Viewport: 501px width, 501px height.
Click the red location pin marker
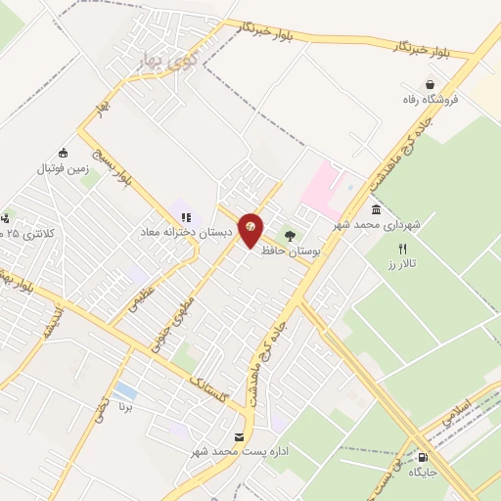tap(250, 229)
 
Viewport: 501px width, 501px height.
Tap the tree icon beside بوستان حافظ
tap(290, 236)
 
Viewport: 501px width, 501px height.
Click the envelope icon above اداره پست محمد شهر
tap(240, 436)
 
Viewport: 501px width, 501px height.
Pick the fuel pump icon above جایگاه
tap(423, 457)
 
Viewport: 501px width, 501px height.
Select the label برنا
tap(125, 405)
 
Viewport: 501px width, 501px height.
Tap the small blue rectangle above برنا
tap(125, 390)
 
